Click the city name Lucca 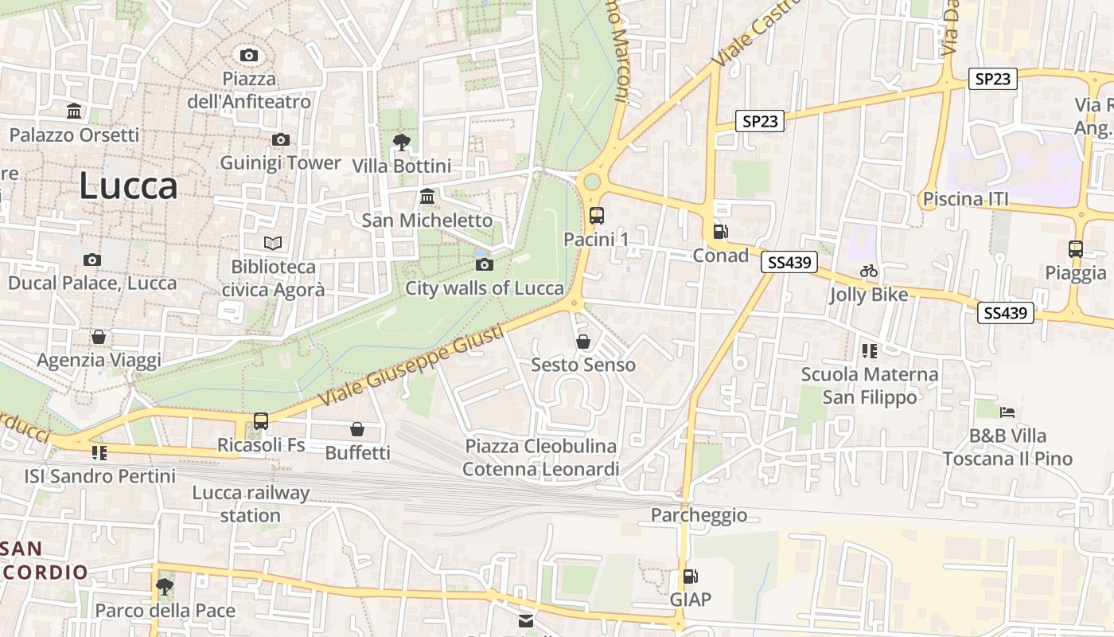pyautogui.click(x=128, y=186)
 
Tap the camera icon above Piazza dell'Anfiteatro pyautogui.click(x=249, y=55)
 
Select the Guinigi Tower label pyautogui.click(x=280, y=163)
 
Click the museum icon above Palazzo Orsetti pyautogui.click(x=75, y=111)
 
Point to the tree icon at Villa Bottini pyautogui.click(x=402, y=143)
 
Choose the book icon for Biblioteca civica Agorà pyautogui.click(x=273, y=243)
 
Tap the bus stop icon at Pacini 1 pyautogui.click(x=596, y=215)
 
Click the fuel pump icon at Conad pyautogui.click(x=720, y=232)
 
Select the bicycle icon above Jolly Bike pyautogui.click(x=868, y=271)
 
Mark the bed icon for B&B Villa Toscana pyautogui.click(x=1007, y=412)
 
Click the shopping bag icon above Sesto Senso pyautogui.click(x=583, y=342)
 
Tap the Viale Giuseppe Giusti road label pyautogui.click(x=411, y=365)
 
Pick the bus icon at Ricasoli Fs pyautogui.click(x=261, y=420)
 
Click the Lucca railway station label pyautogui.click(x=251, y=504)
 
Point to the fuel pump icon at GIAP pyautogui.click(x=690, y=576)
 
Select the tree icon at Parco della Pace pyautogui.click(x=165, y=587)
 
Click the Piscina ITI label pyautogui.click(x=965, y=199)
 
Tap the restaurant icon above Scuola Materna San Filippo pyautogui.click(x=869, y=350)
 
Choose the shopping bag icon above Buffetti pyautogui.click(x=357, y=429)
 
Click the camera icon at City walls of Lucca pyautogui.click(x=485, y=264)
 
